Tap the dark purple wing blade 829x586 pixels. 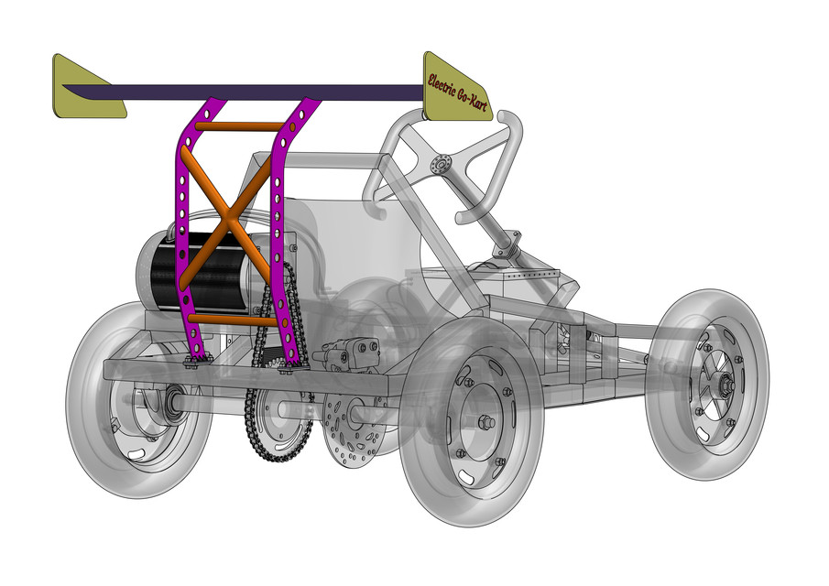(x=256, y=92)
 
